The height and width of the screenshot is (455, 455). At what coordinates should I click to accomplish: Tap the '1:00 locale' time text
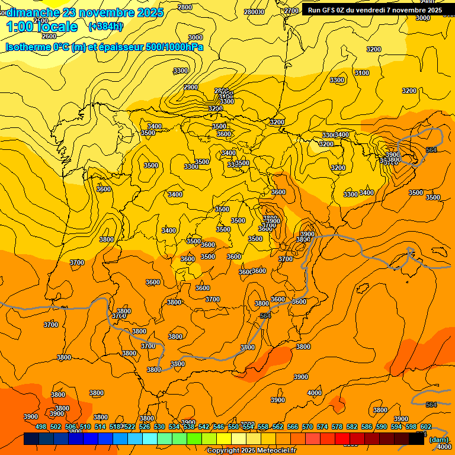coord(42,27)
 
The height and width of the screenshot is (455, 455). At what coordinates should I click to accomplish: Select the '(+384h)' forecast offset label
coord(105,26)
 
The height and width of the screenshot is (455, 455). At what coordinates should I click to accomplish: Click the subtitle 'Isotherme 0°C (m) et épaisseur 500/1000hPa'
coord(104,47)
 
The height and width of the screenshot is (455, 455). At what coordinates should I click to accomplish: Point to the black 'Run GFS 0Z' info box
coord(374,9)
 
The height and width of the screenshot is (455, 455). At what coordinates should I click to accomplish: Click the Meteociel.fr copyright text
coord(251,451)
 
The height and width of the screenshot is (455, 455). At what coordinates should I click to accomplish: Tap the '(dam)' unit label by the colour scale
coord(438,440)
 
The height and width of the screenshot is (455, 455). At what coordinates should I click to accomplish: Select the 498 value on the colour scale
coord(41,427)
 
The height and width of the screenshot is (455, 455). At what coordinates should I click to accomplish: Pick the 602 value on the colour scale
coord(426,427)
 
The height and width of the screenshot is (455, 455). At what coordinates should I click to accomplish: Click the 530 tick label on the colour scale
coord(159,427)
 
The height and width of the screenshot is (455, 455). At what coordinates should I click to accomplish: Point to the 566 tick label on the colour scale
coord(293,427)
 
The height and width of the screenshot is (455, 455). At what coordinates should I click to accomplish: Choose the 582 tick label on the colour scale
coord(352,427)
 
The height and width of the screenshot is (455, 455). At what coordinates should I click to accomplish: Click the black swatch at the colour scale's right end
coord(416,439)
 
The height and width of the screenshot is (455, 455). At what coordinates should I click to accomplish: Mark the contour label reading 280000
coord(254,12)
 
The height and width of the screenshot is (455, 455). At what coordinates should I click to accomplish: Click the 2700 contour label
coord(291,11)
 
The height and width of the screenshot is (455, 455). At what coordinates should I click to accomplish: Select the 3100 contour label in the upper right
coord(361,73)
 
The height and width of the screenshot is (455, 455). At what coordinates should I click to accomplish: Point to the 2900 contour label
coord(191,87)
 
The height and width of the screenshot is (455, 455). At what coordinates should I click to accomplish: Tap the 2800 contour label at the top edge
coord(185,7)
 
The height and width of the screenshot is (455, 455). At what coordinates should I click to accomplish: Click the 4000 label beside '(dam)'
coord(443,447)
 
